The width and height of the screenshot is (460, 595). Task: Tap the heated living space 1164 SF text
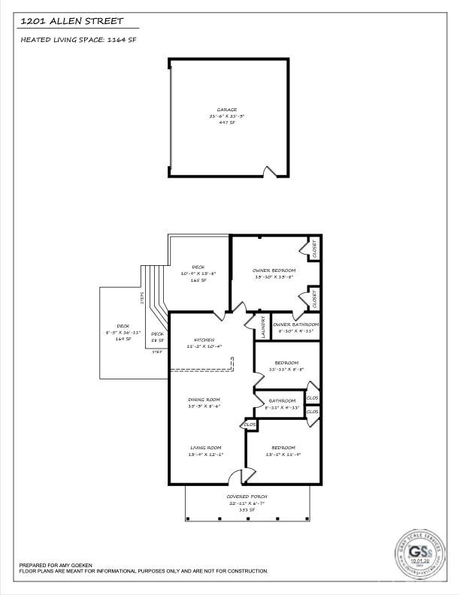click(x=79, y=39)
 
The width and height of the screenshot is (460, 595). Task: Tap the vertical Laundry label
click(x=258, y=329)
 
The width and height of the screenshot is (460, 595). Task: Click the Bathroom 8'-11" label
click(x=283, y=403)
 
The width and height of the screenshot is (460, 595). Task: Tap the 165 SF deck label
click(x=198, y=273)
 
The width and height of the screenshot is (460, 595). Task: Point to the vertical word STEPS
click(x=141, y=298)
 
